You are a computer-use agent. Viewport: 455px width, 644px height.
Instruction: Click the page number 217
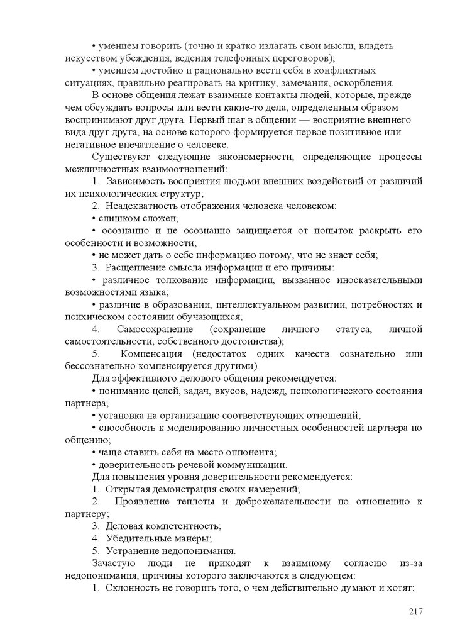pos(415,612)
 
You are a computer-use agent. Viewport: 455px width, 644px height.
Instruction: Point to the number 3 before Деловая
pos(96,525)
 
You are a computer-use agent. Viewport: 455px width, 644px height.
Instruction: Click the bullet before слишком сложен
pos(93,218)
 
